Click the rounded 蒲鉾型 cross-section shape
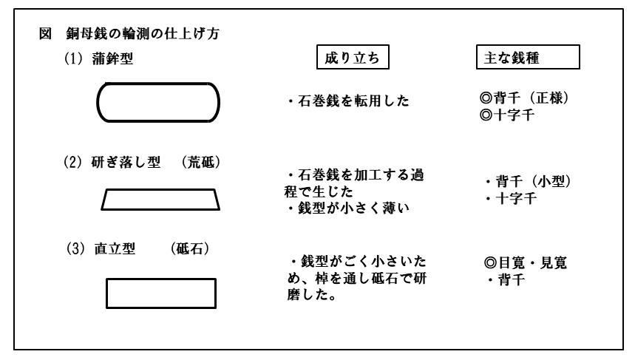click(x=158, y=84)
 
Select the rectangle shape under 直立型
click(x=160, y=279)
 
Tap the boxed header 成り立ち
click(x=353, y=58)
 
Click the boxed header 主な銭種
click(x=528, y=58)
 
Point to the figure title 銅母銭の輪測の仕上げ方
click(x=143, y=33)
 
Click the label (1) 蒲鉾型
click(x=99, y=58)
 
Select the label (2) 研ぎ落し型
click(x=112, y=163)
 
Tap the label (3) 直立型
click(x=101, y=248)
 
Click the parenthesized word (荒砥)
click(x=201, y=163)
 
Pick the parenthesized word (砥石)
click(x=190, y=248)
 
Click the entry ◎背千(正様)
click(x=524, y=98)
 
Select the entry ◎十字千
click(x=507, y=115)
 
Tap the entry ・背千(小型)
click(x=528, y=181)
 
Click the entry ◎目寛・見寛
click(x=526, y=263)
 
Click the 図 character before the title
click(x=45, y=33)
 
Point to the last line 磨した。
click(x=312, y=295)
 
